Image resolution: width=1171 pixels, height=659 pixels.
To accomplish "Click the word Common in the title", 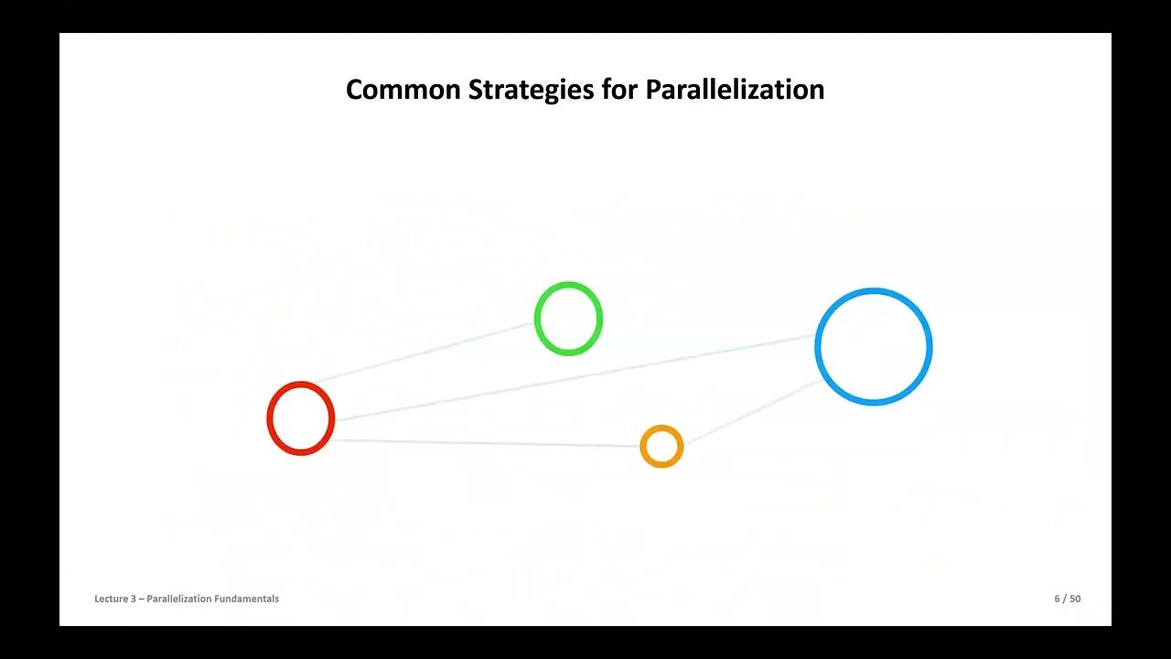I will coord(403,90).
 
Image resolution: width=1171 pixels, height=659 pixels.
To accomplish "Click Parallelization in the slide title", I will coord(736,90).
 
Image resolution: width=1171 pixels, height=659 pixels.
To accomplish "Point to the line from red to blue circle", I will coord(576,378).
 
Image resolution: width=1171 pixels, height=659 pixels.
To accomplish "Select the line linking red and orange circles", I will coord(485,443).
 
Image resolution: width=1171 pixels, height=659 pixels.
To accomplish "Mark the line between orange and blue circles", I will coord(750,412).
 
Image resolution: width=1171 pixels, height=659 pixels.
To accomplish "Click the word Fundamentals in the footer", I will coord(247,599).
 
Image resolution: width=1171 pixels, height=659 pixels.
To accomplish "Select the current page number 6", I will coord(1057,599).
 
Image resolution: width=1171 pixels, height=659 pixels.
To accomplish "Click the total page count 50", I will coord(1075,599).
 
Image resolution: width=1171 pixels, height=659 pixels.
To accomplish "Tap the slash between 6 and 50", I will coord(1065,599).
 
